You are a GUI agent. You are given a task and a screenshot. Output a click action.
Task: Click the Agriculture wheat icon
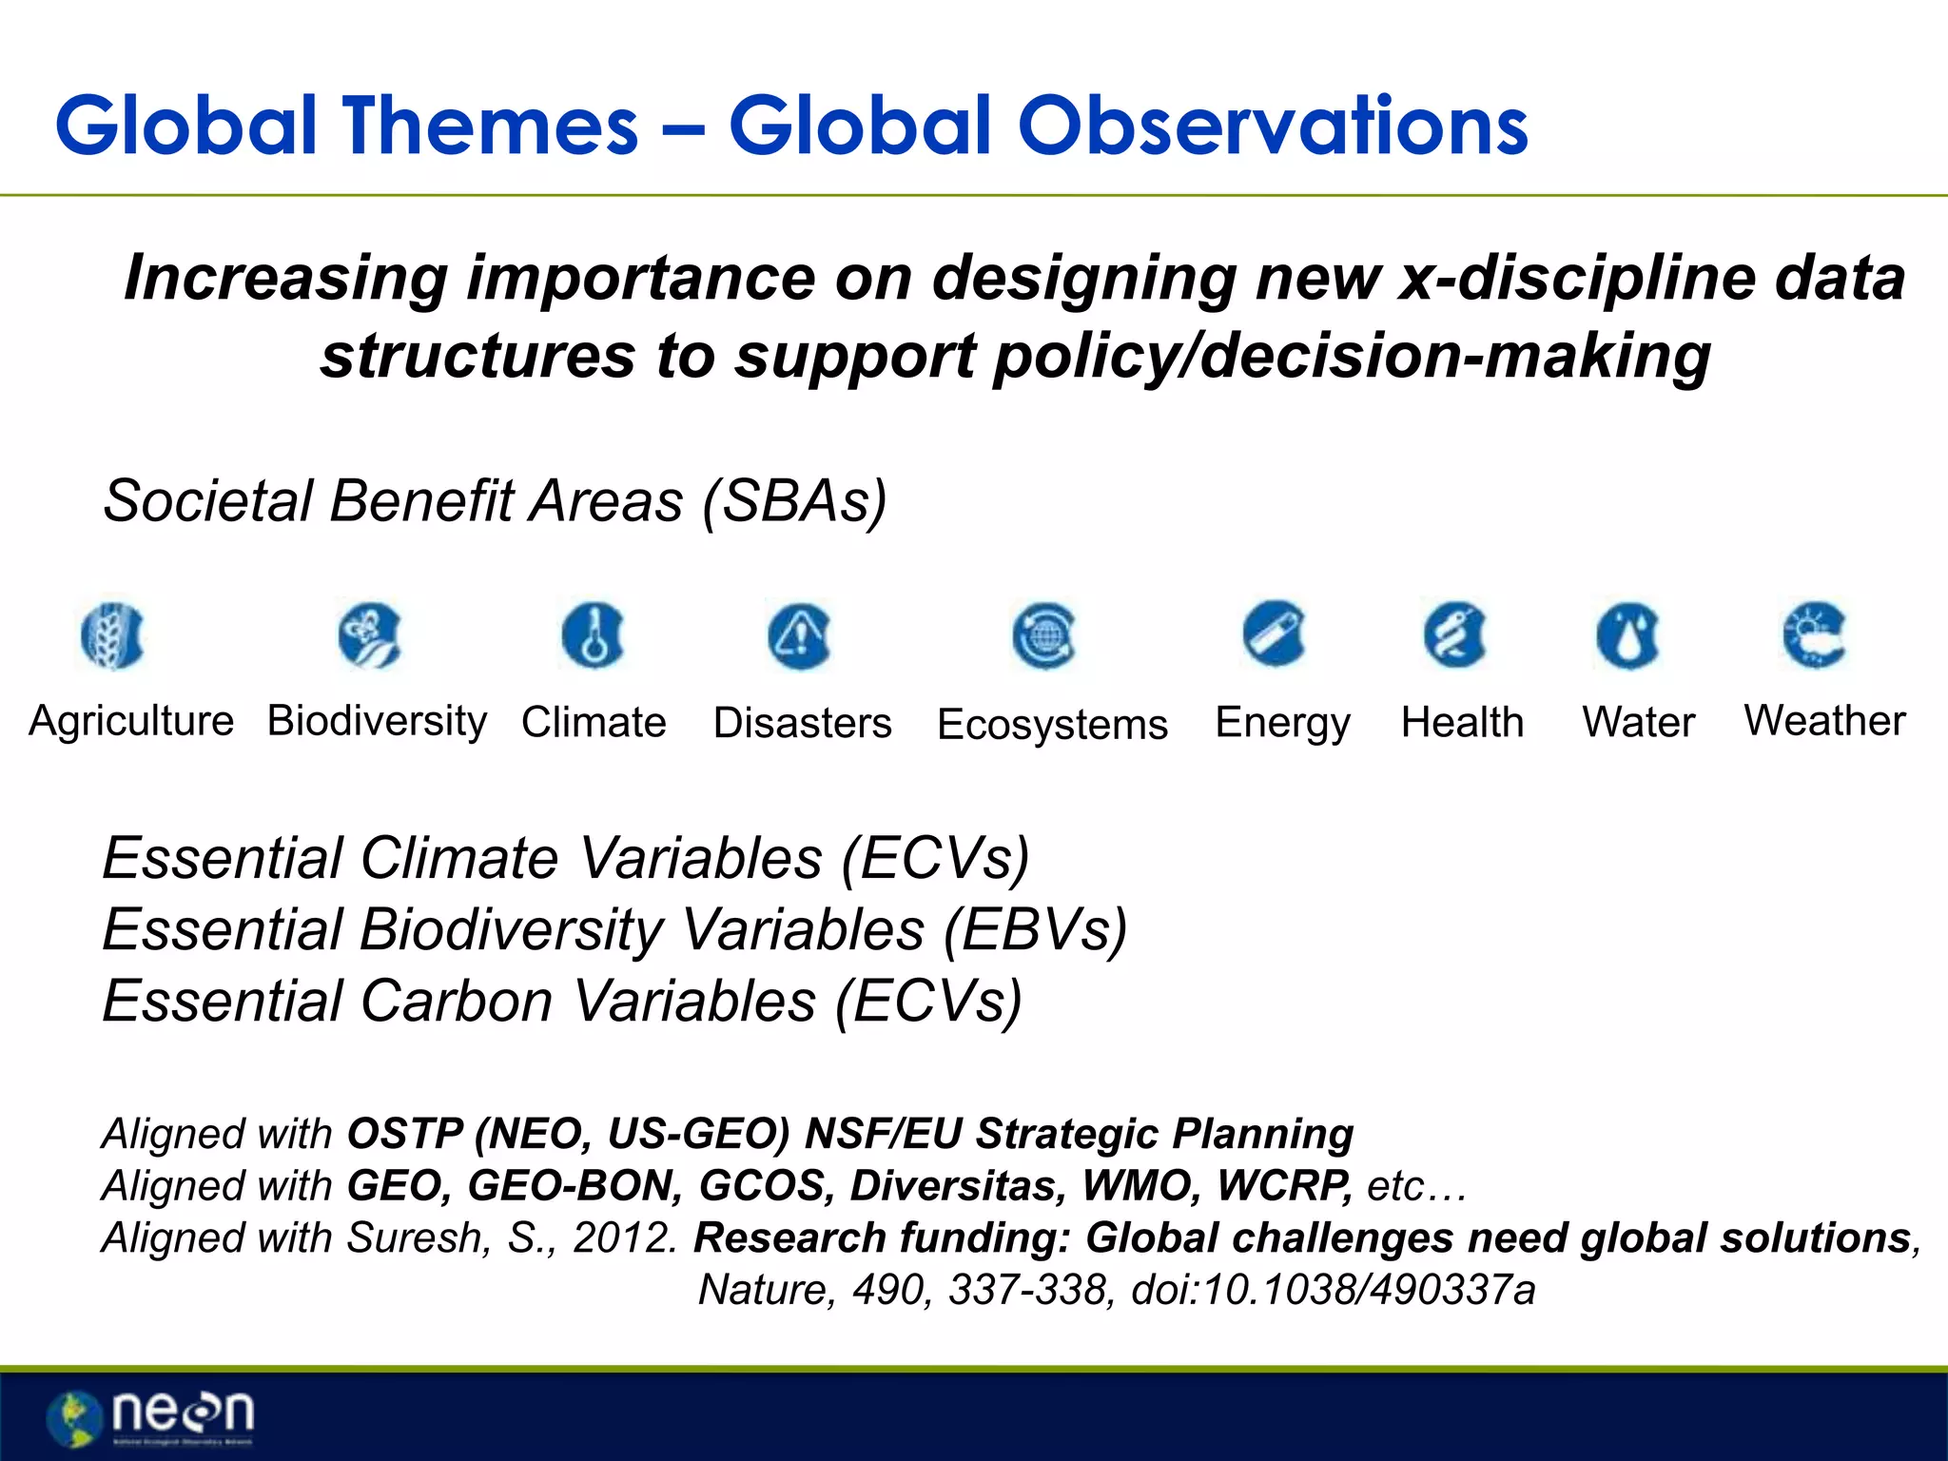[113, 635]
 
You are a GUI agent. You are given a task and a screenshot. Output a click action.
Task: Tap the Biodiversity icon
[370, 635]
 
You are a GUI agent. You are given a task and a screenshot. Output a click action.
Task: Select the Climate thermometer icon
[594, 635]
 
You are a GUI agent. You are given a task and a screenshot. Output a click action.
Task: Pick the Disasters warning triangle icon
[800, 635]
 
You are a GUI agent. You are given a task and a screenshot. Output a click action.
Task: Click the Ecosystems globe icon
[1044, 635]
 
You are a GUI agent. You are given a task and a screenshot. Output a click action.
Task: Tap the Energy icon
[1275, 633]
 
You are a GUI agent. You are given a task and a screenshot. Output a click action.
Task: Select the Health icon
[1455, 634]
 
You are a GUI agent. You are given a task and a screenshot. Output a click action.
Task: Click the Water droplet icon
[1628, 635]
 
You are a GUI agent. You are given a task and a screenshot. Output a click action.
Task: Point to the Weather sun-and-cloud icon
[1814, 634]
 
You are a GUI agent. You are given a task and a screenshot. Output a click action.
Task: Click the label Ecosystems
[1052, 725]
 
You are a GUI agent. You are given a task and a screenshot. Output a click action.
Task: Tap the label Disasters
[803, 723]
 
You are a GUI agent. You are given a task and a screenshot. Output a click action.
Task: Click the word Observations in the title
[1273, 126]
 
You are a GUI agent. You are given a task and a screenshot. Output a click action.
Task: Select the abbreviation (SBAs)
[794, 501]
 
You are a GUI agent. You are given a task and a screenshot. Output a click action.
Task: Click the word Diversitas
[959, 1186]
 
